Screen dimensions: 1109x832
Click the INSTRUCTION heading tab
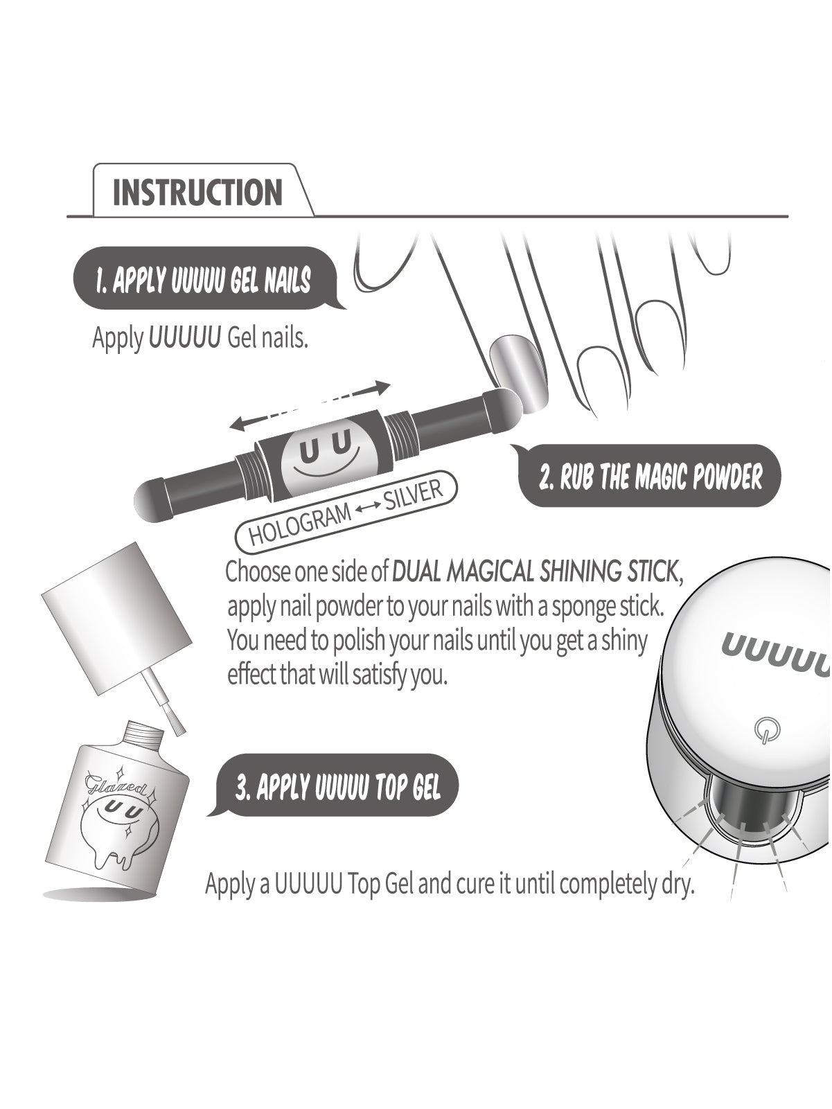click(x=197, y=192)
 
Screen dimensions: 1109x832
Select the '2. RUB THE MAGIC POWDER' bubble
click(x=650, y=477)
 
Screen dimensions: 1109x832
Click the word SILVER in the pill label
click(x=413, y=495)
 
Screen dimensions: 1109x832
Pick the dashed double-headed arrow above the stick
click(x=310, y=405)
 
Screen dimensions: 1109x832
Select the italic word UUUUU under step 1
click(x=185, y=338)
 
